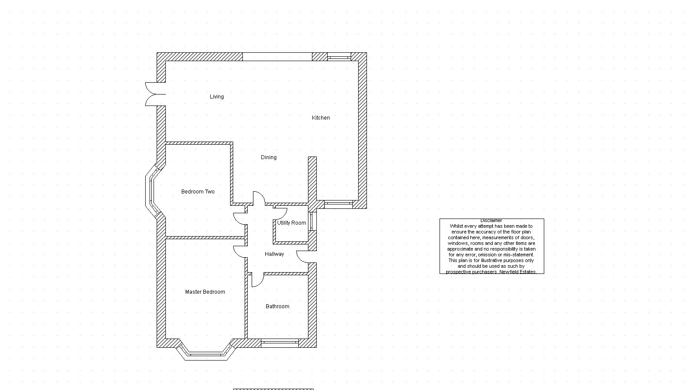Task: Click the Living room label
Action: click(x=216, y=97)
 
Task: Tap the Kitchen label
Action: click(x=321, y=118)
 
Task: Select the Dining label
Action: click(x=268, y=157)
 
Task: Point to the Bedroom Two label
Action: click(x=198, y=192)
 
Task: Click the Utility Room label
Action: click(x=292, y=223)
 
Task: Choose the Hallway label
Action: click(x=275, y=254)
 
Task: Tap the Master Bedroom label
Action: click(x=205, y=292)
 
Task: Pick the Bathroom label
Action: click(x=278, y=306)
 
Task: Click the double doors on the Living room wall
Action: click(x=155, y=94)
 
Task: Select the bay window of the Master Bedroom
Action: click(x=206, y=354)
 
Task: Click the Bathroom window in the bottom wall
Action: click(x=279, y=343)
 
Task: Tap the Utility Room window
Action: click(x=312, y=221)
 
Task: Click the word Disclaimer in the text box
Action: click(x=491, y=221)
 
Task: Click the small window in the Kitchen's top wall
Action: click(x=339, y=57)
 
